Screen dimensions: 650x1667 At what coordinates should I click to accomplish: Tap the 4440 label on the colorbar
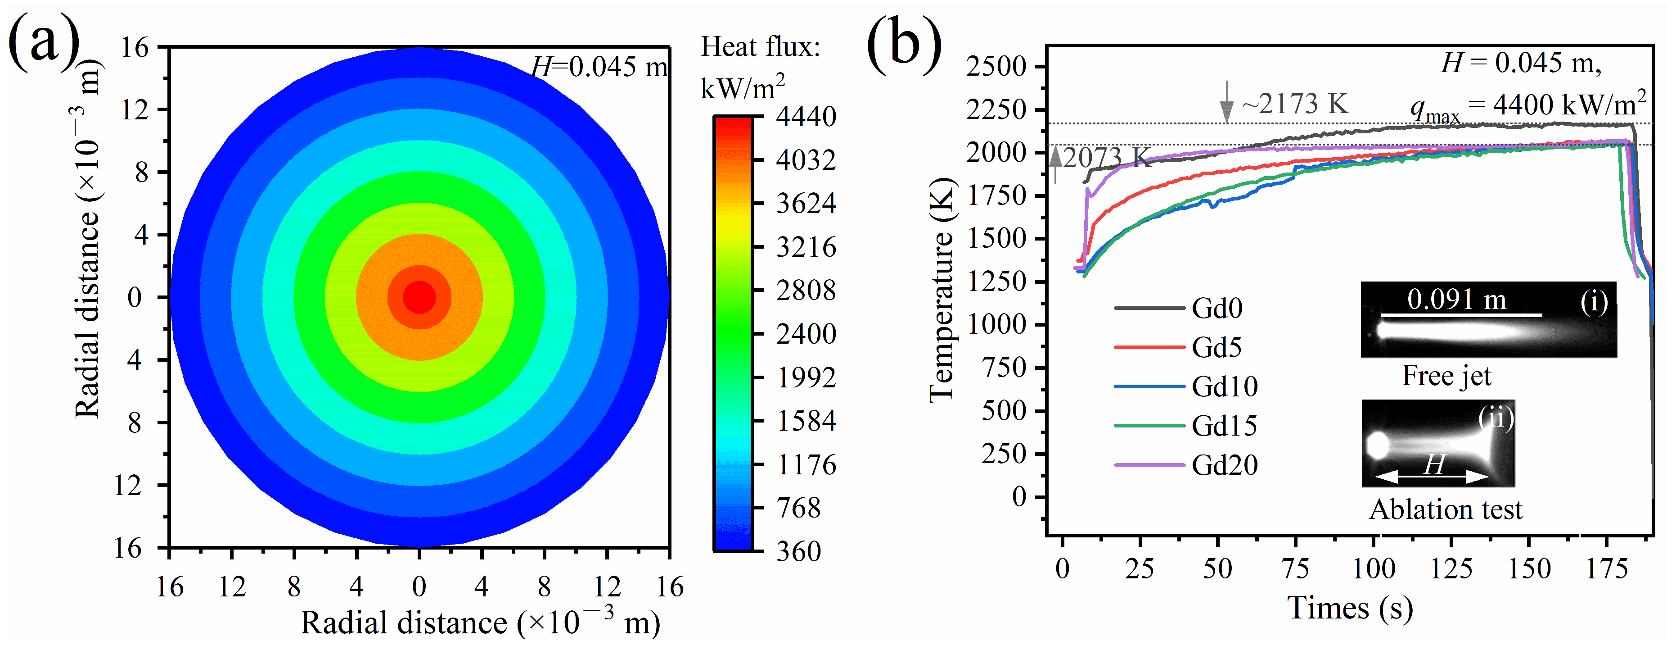coord(806,117)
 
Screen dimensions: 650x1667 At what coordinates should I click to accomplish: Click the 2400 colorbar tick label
coord(806,334)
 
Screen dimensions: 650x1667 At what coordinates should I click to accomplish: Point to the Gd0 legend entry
coord(1216,308)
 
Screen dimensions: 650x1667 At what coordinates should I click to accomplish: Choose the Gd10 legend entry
coord(1224,386)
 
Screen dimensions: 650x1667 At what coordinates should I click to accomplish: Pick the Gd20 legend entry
coord(1224,465)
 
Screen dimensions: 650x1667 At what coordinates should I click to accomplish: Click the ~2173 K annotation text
coord(1295,104)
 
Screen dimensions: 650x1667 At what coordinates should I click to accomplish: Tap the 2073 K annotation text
coord(1107,157)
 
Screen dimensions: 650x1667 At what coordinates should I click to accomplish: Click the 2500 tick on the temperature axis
coord(996,66)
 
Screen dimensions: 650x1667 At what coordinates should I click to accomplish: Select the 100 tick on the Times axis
coord(1374,569)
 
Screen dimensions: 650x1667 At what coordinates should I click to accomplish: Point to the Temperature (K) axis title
coord(942,290)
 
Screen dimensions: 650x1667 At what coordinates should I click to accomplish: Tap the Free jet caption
coord(1446,376)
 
